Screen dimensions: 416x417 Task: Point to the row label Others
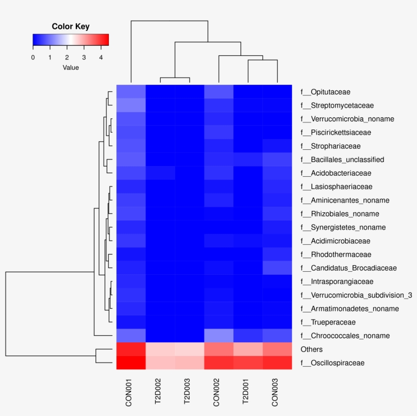point(312,349)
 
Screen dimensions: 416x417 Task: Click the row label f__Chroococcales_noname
point(345,336)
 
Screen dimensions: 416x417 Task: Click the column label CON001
point(131,392)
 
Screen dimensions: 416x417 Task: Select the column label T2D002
point(160,392)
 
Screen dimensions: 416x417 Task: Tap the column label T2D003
point(190,392)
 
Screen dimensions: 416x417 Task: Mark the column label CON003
point(277,392)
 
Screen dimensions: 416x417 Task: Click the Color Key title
point(71,26)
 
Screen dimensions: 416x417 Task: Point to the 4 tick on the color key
point(101,57)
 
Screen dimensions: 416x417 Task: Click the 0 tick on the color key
point(33,57)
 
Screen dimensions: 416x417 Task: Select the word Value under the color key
point(71,67)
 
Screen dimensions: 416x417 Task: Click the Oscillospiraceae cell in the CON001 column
point(131,363)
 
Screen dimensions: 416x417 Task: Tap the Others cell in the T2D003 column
point(190,349)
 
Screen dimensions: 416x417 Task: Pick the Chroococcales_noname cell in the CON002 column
point(219,336)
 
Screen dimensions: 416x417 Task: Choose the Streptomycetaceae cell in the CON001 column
point(131,106)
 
